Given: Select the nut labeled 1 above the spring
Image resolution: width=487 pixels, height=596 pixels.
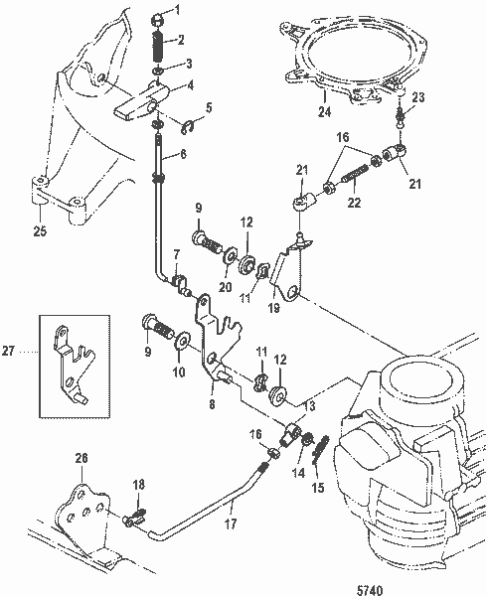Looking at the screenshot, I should [159, 15].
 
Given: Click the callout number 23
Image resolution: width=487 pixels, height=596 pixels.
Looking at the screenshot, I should [417, 97].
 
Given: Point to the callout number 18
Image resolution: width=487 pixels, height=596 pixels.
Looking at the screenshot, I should [139, 484].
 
